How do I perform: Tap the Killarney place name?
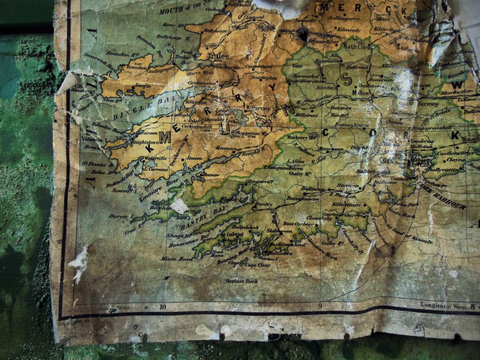pyautogui.click(x=258, y=109)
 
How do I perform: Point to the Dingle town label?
pyautogui.click(x=143, y=85)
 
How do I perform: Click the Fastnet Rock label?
pyautogui.click(x=241, y=281)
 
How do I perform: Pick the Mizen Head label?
pyautogui.click(x=177, y=259)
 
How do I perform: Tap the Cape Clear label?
pyautogui.click(x=258, y=265)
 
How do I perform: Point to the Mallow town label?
pyautogui.click(x=361, y=93)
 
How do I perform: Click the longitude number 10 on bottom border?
pyautogui.click(x=162, y=307)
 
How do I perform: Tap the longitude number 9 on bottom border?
pyautogui.click(x=319, y=306)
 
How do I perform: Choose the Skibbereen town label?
pyautogui.click(x=280, y=231)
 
